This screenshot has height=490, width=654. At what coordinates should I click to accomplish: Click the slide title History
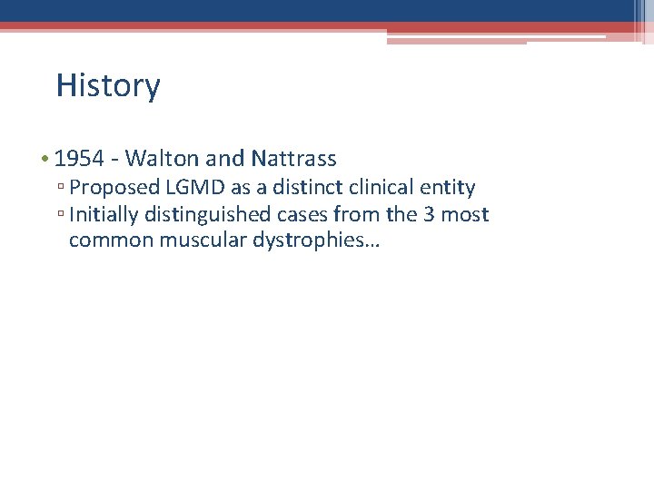(107, 85)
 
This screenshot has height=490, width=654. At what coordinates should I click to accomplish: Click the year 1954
(79, 159)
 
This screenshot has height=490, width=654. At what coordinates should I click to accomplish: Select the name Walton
(163, 159)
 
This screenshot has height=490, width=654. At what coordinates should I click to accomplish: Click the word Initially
(101, 215)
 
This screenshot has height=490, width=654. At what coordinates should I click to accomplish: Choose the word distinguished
(204, 215)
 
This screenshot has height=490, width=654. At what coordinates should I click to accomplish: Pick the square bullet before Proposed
(60, 189)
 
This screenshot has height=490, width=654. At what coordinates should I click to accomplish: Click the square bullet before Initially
(60, 216)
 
